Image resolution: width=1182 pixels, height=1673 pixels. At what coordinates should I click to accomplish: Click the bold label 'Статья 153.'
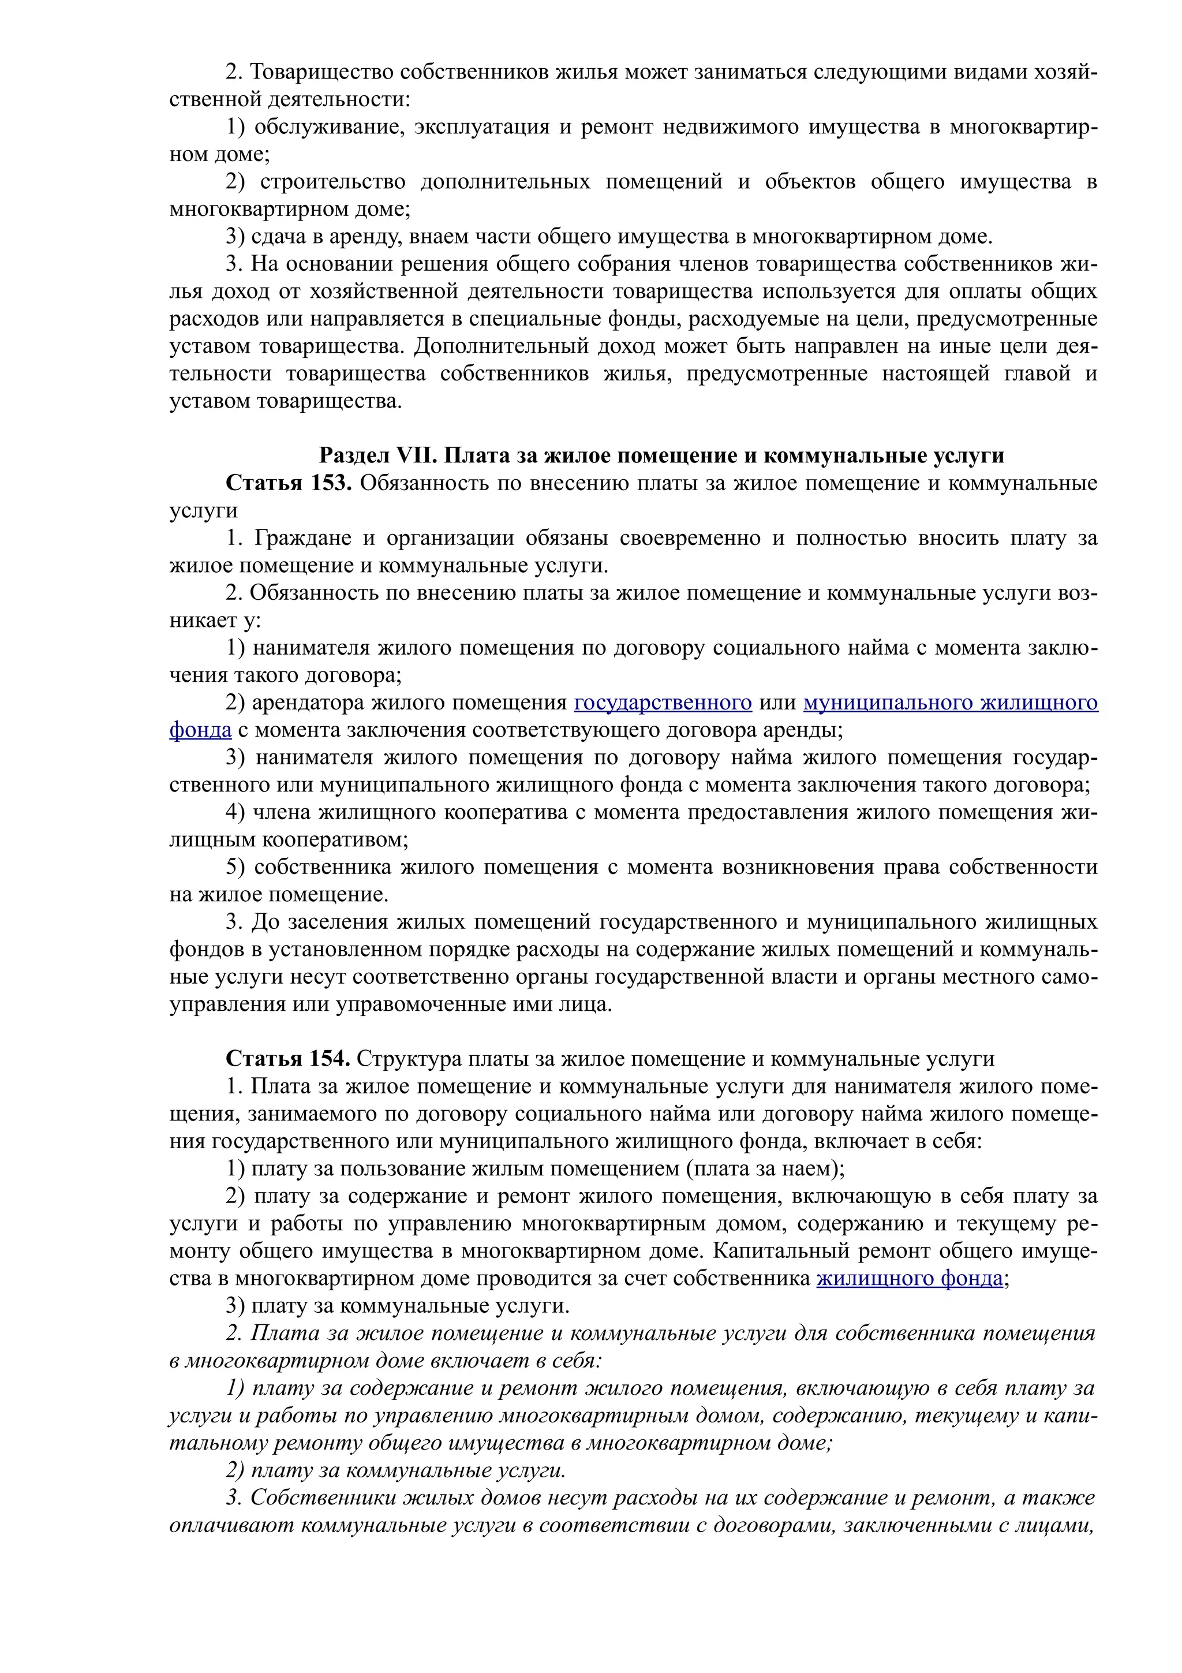click(289, 483)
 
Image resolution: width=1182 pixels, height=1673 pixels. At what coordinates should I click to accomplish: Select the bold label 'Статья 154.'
click(287, 1059)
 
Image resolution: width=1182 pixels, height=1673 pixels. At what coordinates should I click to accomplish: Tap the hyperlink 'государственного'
click(663, 703)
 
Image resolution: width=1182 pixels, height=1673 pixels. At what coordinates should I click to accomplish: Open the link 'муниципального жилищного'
click(951, 703)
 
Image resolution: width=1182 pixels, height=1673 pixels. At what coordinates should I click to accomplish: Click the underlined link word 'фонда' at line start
click(200, 730)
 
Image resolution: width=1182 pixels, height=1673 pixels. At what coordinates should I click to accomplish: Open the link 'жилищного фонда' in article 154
click(910, 1278)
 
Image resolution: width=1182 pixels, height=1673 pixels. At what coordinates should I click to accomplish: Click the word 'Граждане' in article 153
click(301, 538)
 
